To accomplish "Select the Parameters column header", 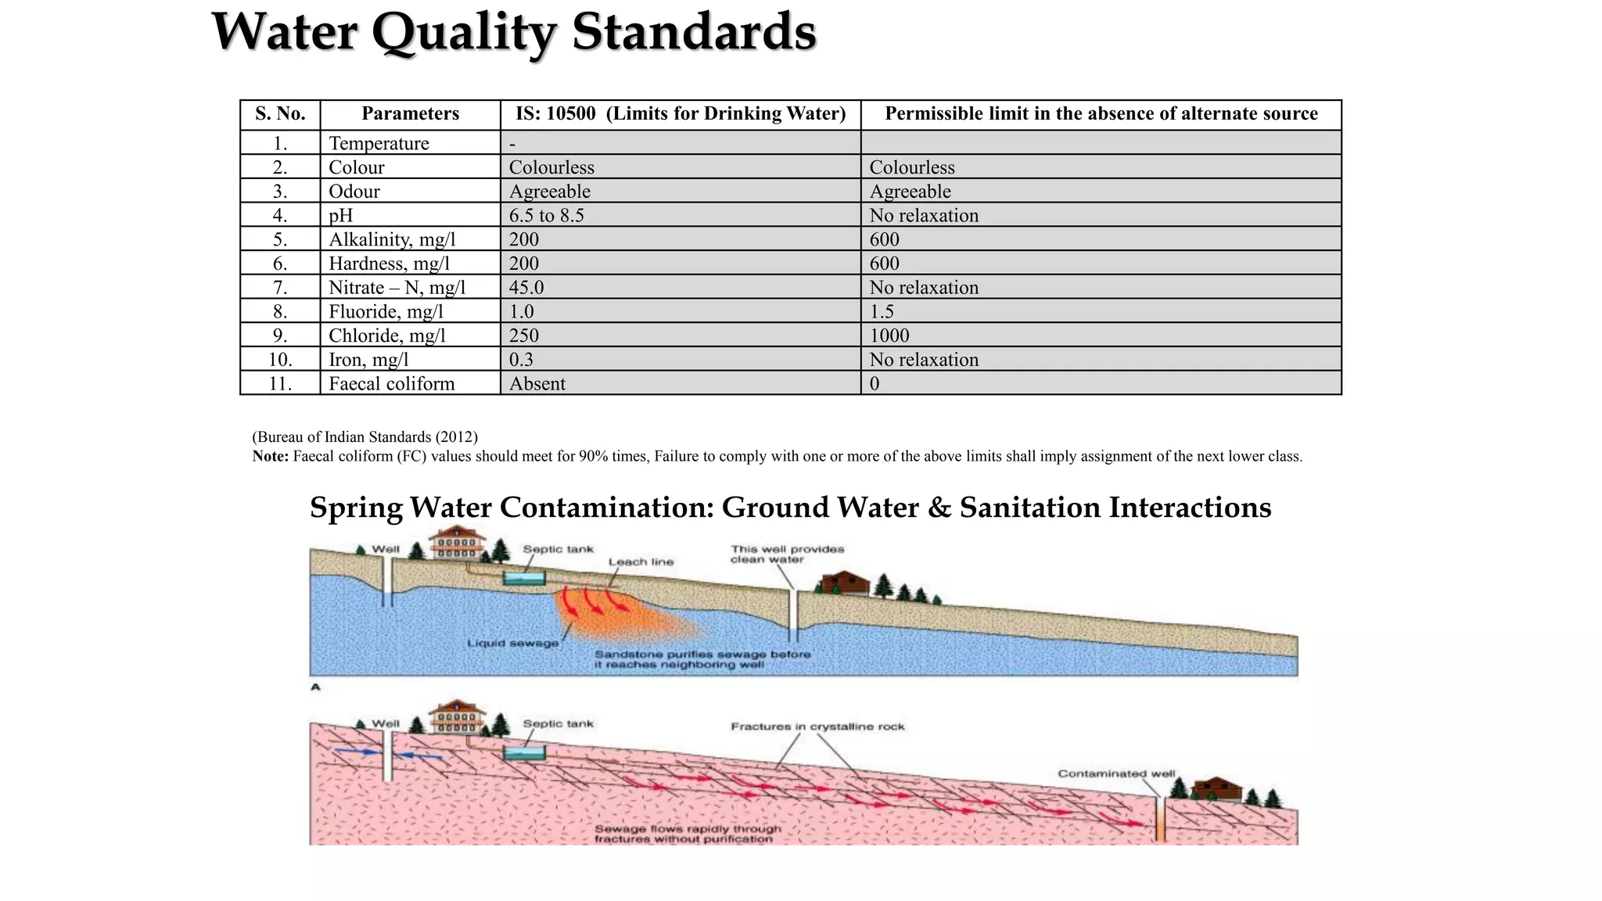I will click(410, 114).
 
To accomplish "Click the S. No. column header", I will click(280, 114).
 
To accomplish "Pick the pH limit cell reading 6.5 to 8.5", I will click(547, 216).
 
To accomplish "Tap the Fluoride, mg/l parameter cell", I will click(386, 312).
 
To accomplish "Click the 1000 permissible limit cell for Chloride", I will click(889, 336).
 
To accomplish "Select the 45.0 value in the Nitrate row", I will click(526, 288).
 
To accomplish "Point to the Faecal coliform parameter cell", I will click(391, 384).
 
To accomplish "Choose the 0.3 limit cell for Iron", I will click(521, 360).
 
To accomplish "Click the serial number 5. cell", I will click(280, 240).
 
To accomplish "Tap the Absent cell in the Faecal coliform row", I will click(537, 384).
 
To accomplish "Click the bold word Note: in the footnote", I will click(271, 457).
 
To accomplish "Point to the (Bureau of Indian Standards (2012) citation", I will click(365, 437).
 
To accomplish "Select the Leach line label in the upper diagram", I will click(641, 562).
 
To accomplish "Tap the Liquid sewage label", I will click(513, 643).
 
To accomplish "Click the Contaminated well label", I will click(1116, 774).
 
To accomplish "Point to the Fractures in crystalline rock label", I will click(817, 727).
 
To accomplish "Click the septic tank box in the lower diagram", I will click(523, 753).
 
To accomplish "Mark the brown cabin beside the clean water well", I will click(844, 583).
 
